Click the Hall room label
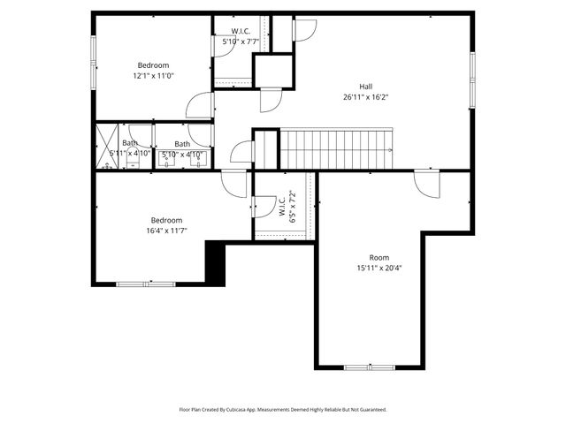coord(365,86)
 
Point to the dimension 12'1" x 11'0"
coord(153,76)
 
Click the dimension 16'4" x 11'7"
coord(166,231)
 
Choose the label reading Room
coord(379,257)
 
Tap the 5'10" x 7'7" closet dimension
coord(240,41)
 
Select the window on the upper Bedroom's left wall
coord(95,66)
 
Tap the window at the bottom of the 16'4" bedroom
coord(146,284)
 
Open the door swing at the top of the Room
coord(425,184)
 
